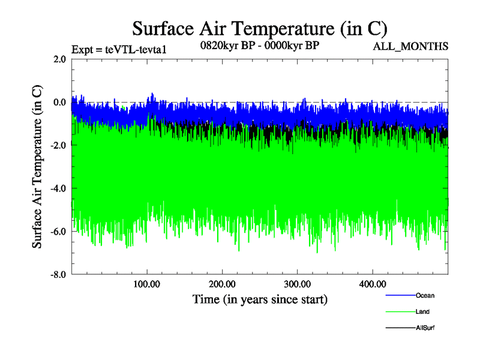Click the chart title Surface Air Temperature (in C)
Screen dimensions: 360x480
click(260, 29)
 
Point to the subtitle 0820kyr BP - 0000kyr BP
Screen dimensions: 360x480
click(260, 45)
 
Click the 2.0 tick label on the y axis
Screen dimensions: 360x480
click(59, 59)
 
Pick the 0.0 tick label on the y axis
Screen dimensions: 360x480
click(59, 102)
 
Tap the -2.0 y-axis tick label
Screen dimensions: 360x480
click(58, 145)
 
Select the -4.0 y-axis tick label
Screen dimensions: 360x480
click(58, 188)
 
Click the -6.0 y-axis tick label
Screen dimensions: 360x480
click(58, 232)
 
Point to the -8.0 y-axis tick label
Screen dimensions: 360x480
click(58, 275)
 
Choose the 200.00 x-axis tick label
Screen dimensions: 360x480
click(222, 284)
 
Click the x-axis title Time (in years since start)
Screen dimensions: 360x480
click(260, 299)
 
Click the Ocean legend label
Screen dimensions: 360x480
click(425, 295)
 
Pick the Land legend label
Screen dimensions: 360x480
click(422, 311)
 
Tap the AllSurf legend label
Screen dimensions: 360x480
click(425, 328)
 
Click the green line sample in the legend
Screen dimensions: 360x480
click(399, 312)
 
